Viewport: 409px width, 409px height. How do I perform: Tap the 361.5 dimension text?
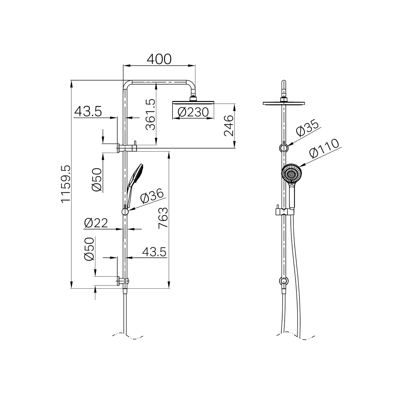point(150,114)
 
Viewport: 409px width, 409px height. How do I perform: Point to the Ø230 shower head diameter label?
point(193,112)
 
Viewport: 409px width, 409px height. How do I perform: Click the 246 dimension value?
point(229,125)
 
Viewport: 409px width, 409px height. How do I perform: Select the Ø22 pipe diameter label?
point(96,223)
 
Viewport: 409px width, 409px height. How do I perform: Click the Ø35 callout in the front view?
point(307,129)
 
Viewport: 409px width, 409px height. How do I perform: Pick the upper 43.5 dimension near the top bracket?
point(88,111)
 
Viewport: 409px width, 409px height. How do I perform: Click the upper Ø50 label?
point(97,180)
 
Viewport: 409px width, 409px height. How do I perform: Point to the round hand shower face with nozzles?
point(291,173)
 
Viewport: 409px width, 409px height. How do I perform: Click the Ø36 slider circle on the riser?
point(125,212)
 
